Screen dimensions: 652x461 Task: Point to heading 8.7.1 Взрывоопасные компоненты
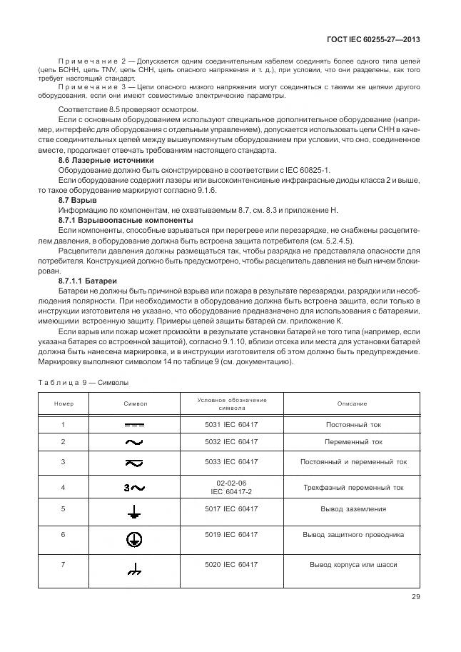click(x=114, y=222)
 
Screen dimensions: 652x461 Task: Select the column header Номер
click(x=64, y=404)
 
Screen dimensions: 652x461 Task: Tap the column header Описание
click(x=353, y=404)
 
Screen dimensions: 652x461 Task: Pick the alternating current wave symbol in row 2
click(x=134, y=443)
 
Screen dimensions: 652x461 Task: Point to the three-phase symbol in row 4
click(x=134, y=488)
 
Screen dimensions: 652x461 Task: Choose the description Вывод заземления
click(x=353, y=509)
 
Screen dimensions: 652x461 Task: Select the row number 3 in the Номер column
click(x=64, y=462)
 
